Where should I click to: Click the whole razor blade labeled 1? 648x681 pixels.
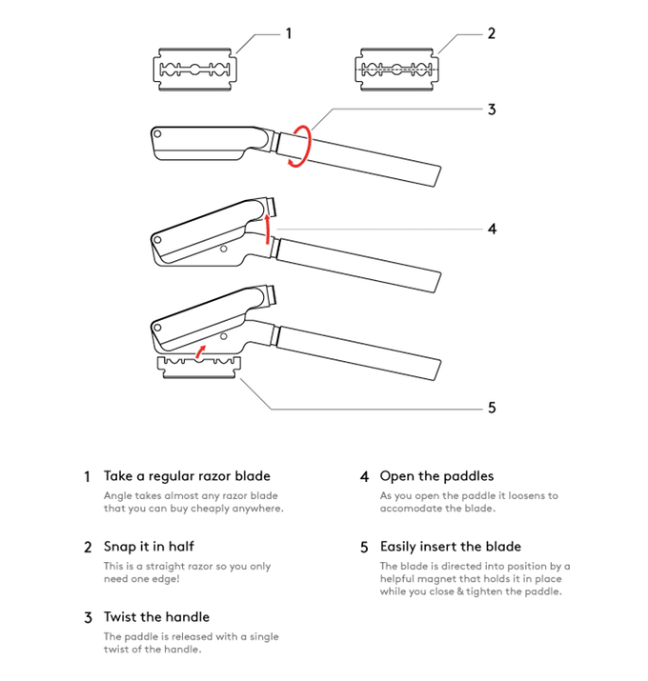click(194, 70)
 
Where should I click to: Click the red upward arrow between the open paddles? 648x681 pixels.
click(268, 229)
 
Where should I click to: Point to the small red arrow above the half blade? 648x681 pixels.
click(200, 353)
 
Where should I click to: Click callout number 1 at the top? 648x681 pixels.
click(289, 33)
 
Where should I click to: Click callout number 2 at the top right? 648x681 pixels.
click(492, 33)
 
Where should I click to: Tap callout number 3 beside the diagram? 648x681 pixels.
click(492, 110)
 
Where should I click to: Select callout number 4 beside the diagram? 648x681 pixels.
click(492, 229)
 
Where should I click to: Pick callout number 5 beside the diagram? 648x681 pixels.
click(492, 408)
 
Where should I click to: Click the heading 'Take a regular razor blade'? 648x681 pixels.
click(187, 476)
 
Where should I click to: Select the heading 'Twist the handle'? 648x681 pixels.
click(156, 617)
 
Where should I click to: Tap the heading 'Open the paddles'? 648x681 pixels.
click(436, 476)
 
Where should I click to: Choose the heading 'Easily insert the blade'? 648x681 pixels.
click(450, 547)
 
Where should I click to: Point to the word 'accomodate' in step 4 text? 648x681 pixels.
click(413, 509)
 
